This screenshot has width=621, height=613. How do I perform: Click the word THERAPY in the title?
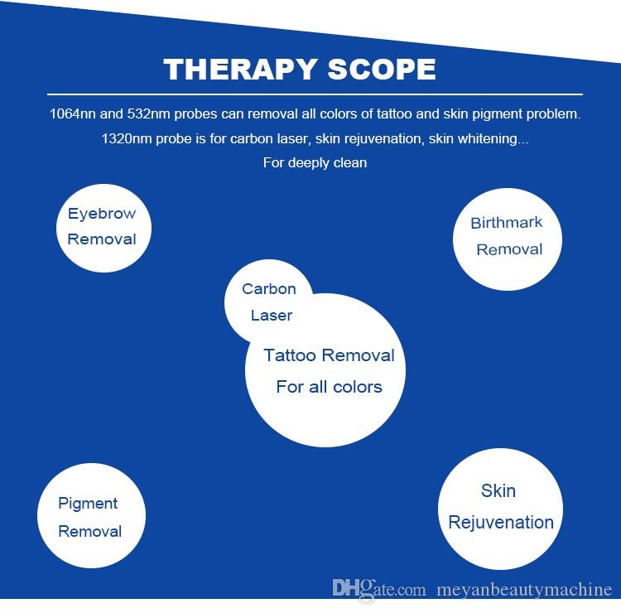coord(234,69)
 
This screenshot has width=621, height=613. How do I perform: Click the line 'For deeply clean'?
coord(315,162)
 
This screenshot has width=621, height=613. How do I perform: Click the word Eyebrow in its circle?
coord(102,214)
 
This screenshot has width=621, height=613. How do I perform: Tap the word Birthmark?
coord(507,223)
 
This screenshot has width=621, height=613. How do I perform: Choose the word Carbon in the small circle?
coord(269,289)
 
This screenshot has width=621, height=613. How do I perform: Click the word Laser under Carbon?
coord(272,316)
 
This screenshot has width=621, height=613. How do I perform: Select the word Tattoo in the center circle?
coord(290,356)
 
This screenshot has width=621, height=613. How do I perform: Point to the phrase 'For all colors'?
coord(329,387)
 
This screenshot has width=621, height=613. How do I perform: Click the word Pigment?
coord(88,504)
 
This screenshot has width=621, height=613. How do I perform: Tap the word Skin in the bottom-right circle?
coord(498,491)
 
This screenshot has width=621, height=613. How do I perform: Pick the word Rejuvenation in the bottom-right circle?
coord(501,523)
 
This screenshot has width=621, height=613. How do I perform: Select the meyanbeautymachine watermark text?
coord(523,590)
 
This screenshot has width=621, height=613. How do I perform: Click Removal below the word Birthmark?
coord(509,249)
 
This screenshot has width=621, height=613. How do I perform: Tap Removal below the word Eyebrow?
coord(102,239)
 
